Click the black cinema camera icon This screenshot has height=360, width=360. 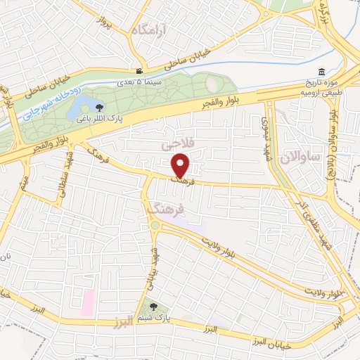(140, 72)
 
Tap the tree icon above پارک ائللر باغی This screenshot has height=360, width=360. (99, 108)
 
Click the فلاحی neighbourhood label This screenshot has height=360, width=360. (177, 145)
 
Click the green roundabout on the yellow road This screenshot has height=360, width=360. (155, 225)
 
